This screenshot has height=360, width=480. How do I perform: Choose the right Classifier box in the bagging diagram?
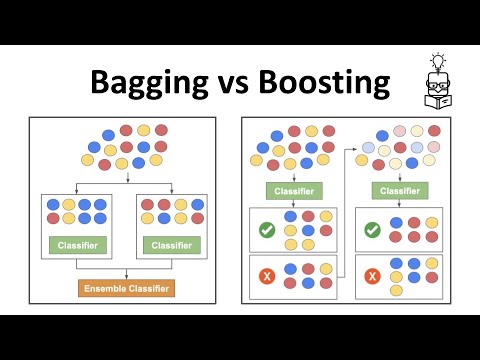173,244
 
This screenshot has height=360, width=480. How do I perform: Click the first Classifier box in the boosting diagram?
294,191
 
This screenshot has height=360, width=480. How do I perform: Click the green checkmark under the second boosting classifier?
373,230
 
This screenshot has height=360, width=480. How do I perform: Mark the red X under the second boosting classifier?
373,275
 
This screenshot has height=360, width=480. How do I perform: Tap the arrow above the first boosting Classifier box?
294,177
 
